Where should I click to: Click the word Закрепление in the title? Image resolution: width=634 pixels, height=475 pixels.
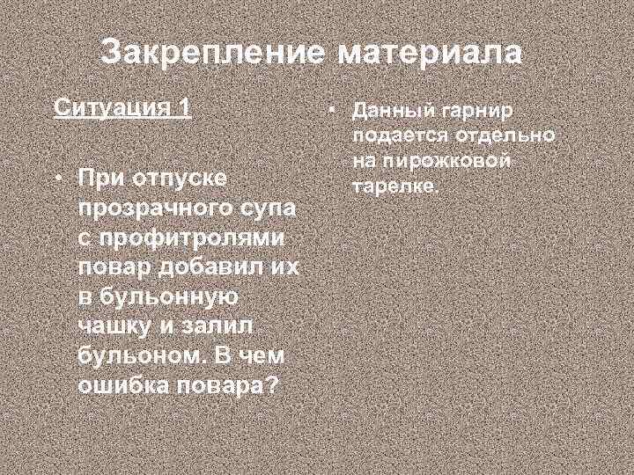click(x=211, y=52)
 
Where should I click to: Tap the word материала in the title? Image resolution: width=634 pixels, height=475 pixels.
click(x=429, y=52)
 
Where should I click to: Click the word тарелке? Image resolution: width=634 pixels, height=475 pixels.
click(x=394, y=187)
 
